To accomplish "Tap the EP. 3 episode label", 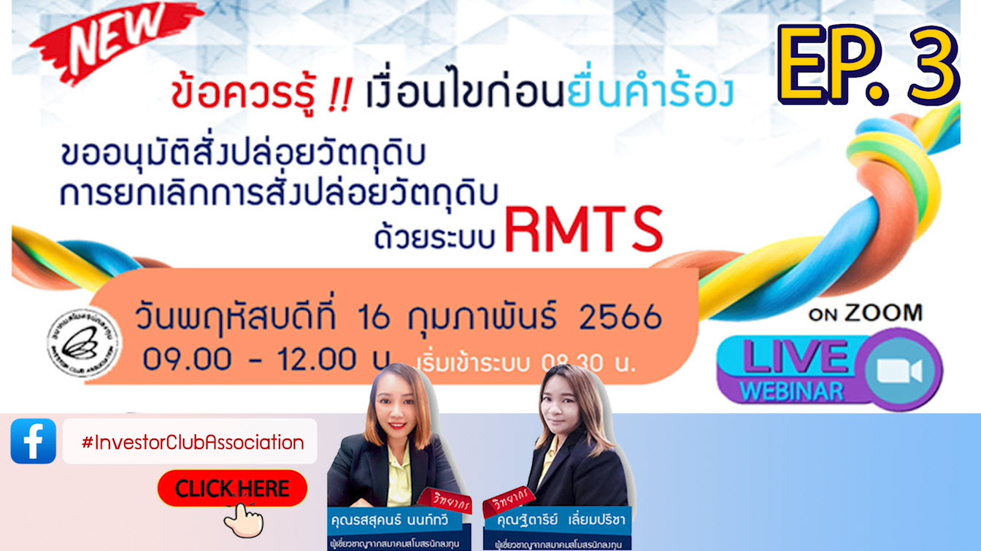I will tap(866, 65).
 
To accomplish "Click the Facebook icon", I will tap(34, 441).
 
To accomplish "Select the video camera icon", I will tap(899, 371).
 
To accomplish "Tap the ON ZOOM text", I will tap(865, 314).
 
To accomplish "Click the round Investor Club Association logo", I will tap(85, 342).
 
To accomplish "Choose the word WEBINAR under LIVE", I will tap(791, 390).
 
